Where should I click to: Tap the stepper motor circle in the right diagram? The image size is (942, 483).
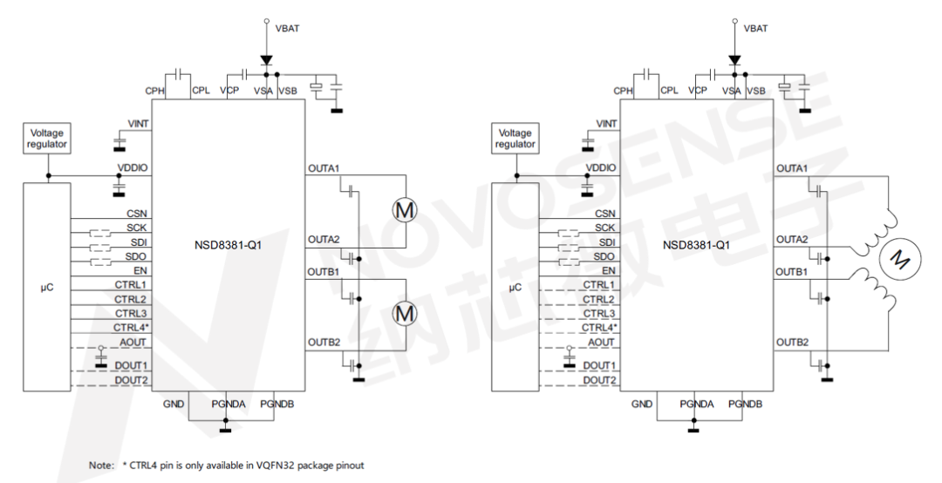(x=898, y=258)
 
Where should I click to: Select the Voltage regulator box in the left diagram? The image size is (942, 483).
(x=47, y=139)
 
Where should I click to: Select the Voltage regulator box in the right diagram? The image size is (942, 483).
(x=515, y=139)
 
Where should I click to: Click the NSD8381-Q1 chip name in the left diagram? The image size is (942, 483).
(x=229, y=245)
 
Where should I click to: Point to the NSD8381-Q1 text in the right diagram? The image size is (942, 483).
(x=696, y=245)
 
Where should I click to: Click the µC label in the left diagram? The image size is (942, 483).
(x=47, y=286)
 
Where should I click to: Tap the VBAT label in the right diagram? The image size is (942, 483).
(x=755, y=28)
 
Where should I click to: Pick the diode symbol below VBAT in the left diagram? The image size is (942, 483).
(x=266, y=62)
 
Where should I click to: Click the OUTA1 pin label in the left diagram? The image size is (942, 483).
(x=324, y=167)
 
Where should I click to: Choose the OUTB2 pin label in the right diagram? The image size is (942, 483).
(x=792, y=342)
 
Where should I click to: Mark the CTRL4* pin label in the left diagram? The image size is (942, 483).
(x=130, y=327)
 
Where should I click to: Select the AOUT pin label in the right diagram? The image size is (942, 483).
(x=601, y=342)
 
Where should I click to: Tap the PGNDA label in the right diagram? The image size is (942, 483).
(x=696, y=405)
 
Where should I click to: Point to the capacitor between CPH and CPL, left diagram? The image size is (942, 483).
(x=178, y=75)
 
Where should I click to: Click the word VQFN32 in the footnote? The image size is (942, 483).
(x=277, y=466)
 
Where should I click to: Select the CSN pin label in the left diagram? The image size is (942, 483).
(x=138, y=213)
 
